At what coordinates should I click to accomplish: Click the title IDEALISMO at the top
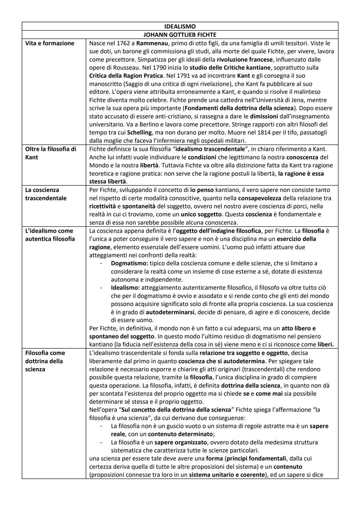pos(180,26)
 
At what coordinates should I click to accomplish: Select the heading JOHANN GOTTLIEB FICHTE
pos(180,35)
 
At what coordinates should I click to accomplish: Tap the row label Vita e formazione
pos(50,43)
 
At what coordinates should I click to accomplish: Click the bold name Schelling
pos(140,132)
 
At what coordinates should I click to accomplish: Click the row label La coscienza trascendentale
pos(46,194)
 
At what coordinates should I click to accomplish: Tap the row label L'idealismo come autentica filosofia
pos(50,235)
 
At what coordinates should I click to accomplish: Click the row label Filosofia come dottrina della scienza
pos(45,361)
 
